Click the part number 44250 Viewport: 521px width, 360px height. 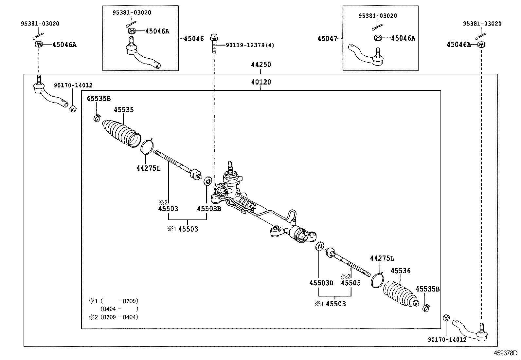pyautogui.click(x=261, y=65)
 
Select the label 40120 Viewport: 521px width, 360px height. pyautogui.click(x=261, y=82)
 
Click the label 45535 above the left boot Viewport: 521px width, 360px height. pyautogui.click(x=124, y=110)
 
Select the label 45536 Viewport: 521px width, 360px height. pyautogui.click(x=401, y=271)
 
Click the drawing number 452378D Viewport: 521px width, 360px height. pyautogui.click(x=505, y=353)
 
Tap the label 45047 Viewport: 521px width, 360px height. pyautogui.click(x=327, y=38)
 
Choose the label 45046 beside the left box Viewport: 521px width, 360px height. pyautogui.click(x=194, y=38)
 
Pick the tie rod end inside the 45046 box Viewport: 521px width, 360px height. pyautogui.click(x=143, y=54)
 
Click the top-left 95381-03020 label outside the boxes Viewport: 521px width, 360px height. pyautogui.click(x=40, y=24)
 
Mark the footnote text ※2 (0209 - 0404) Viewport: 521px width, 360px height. pyautogui.click(x=114, y=317)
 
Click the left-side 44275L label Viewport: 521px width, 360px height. pyautogui.click(x=149, y=168)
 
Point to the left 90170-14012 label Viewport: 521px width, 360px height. pyautogui.click(x=73, y=85)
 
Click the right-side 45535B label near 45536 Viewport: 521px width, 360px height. pyautogui.click(x=427, y=289)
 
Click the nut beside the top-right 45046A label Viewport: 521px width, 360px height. pyautogui.click(x=481, y=45)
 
